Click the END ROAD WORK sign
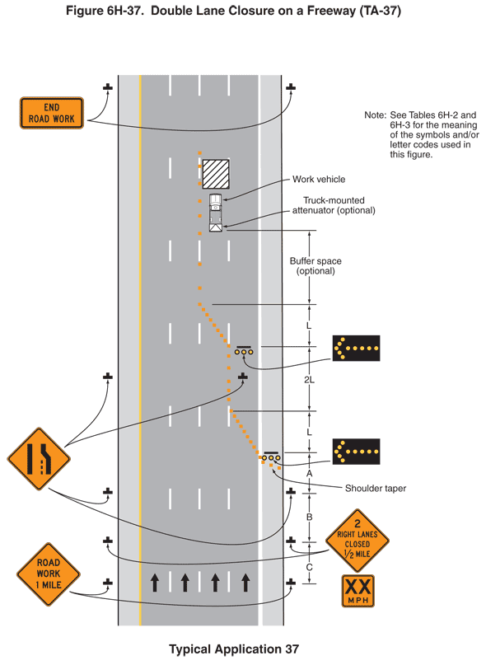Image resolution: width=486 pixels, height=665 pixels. (52, 113)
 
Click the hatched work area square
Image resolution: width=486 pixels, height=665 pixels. (216, 174)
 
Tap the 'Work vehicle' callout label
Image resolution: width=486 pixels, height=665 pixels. (319, 180)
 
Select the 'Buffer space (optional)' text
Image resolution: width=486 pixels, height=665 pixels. (315, 266)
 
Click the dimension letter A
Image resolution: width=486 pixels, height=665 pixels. (309, 475)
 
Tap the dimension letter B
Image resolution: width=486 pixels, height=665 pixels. (309, 517)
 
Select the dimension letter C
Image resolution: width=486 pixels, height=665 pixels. (309, 566)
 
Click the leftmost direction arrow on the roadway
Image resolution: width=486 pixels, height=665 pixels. (154, 583)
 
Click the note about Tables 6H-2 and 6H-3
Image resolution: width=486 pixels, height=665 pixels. (421, 134)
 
